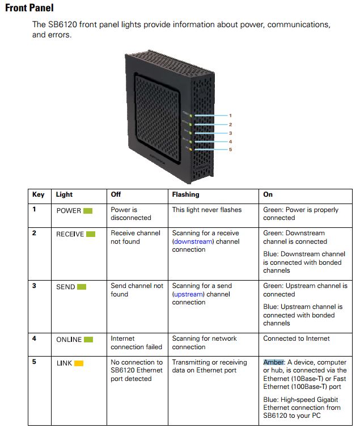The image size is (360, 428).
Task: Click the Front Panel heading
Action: coord(29,8)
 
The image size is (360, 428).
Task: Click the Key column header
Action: coord(39,194)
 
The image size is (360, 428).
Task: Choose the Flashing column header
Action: coord(185,194)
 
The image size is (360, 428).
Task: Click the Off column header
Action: coord(116,194)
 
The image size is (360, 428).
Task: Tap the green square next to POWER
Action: coord(88,210)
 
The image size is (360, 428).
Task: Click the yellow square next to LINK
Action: coord(79,363)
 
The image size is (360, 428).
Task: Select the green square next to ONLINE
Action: coord(88,340)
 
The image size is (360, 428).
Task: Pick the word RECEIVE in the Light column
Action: coord(70,234)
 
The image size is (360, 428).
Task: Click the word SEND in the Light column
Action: coord(65,287)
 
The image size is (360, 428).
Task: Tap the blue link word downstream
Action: coord(193,241)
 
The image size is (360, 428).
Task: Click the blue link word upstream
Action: coord(189,294)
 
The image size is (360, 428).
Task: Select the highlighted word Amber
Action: coord(274,362)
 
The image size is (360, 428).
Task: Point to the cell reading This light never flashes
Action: coord(207,210)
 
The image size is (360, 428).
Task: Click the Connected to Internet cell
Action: coord(296,338)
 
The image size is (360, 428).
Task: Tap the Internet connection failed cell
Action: coord(136,342)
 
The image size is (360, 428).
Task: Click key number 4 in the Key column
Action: coord(35,338)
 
